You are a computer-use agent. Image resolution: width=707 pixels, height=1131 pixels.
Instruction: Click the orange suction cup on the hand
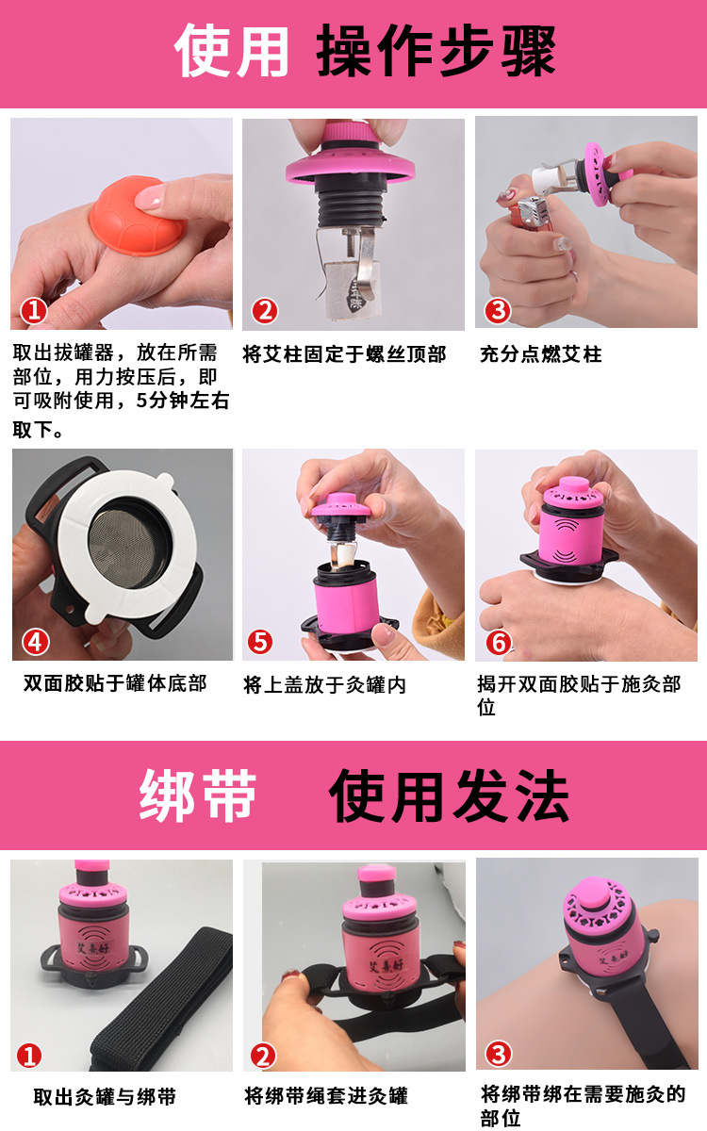(138, 216)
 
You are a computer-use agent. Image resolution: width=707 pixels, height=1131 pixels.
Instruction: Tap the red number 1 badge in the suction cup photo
(34, 311)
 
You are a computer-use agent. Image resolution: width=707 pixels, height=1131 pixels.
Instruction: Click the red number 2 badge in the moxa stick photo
(265, 311)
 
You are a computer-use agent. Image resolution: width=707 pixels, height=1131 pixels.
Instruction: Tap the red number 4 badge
(36, 642)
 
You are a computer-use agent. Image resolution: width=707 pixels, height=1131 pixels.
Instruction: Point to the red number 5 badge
(260, 642)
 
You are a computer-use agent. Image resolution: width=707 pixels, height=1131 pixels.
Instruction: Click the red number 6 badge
(499, 643)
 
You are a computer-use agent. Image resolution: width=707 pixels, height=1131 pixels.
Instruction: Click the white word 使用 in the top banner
(231, 51)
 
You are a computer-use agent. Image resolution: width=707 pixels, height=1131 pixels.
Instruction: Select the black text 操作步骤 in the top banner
(436, 51)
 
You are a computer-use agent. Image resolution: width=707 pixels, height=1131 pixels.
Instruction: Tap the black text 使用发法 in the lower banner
(449, 796)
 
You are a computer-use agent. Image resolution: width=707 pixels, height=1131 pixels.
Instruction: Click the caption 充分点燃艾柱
(541, 354)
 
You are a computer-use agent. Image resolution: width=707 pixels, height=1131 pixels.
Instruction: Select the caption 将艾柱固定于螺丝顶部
(344, 354)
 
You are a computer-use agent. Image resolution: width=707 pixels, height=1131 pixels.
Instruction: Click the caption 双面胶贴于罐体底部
(115, 683)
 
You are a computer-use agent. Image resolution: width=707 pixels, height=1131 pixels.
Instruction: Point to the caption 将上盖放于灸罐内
(324, 685)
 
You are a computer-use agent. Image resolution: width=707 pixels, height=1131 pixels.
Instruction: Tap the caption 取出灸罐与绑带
(105, 1096)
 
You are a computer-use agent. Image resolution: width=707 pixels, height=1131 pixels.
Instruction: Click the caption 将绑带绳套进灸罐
(326, 1095)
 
